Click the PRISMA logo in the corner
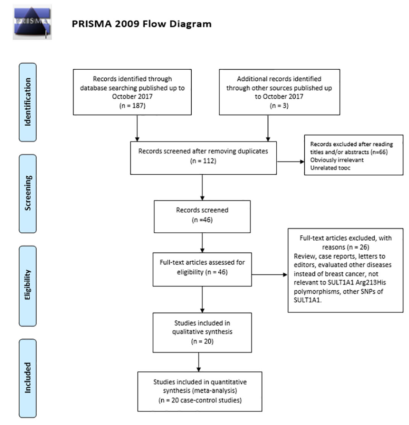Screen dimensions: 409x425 pyautogui.click(x=32, y=22)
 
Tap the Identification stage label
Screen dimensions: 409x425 pyautogui.click(x=28, y=102)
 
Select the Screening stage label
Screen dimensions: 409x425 pyautogui.click(x=28, y=193)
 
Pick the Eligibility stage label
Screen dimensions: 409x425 pyautogui.click(x=28, y=286)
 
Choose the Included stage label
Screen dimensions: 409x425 pyautogui.click(x=28, y=378)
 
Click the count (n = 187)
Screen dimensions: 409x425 pyautogui.click(x=132, y=106)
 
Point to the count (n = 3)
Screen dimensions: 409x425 pyautogui.click(x=279, y=106)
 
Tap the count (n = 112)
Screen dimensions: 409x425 pyautogui.click(x=203, y=161)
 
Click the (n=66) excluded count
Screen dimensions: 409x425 pyautogui.click(x=379, y=152)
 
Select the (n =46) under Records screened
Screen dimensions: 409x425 pyautogui.click(x=202, y=220)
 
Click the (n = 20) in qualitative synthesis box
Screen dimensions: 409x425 pyautogui.click(x=202, y=341)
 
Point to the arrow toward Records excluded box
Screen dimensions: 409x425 pyautogui.click(x=290, y=162)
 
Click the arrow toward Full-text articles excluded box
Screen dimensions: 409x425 pyautogui.click(x=269, y=275)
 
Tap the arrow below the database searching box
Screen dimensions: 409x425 pyautogui.click(x=137, y=128)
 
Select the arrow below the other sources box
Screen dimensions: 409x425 pyautogui.click(x=268, y=128)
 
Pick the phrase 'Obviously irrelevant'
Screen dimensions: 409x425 pyautogui.click(x=337, y=160)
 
